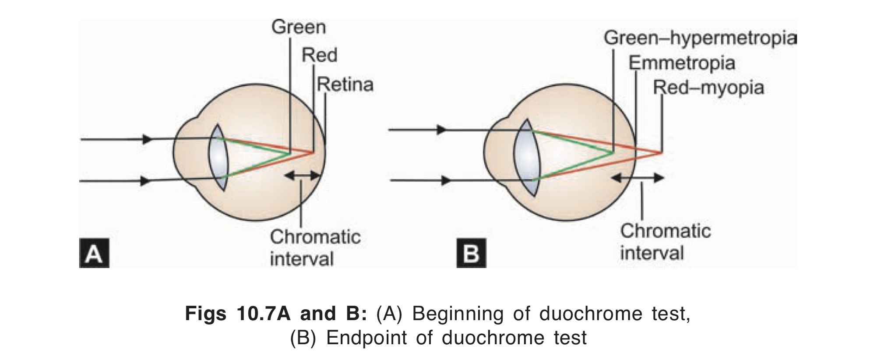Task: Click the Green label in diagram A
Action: click(299, 27)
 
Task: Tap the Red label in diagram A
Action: click(320, 56)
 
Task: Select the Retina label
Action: click(345, 85)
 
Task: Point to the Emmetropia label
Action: click(682, 64)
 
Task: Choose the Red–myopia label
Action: click(708, 88)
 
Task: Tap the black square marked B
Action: click(471, 253)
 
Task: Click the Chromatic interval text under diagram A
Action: click(315, 247)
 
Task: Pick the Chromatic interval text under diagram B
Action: click(665, 242)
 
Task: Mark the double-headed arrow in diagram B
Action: click(638, 178)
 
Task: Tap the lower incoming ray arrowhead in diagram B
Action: click(446, 180)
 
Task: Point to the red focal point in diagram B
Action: click(660, 153)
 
